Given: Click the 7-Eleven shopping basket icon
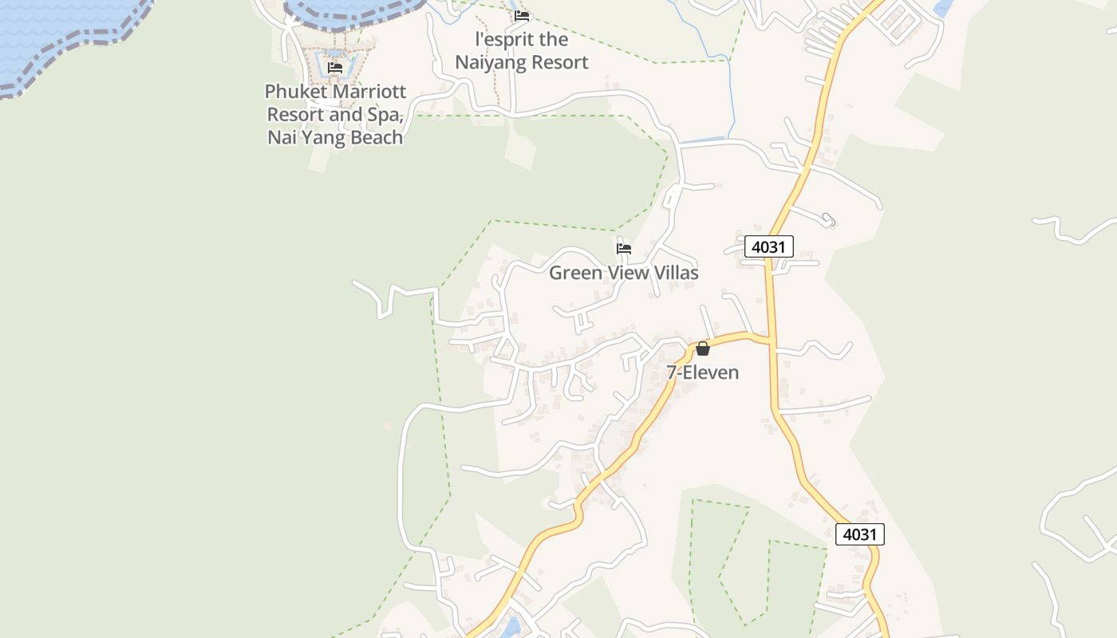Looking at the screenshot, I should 703,349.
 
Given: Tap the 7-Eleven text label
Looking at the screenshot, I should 703,372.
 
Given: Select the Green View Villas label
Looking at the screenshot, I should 623,273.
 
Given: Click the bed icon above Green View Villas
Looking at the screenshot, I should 624,249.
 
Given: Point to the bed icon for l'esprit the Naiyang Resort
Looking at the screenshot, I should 522,15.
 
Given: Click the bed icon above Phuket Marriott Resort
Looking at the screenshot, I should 335,68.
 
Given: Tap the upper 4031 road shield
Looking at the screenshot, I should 769,246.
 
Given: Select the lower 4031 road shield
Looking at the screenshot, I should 860,534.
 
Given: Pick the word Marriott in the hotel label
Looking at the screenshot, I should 369,92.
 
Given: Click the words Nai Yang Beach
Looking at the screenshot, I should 335,138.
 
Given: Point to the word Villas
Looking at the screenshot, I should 674,273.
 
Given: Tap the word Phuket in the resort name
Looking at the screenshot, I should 296,92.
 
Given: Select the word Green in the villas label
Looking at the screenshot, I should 576,273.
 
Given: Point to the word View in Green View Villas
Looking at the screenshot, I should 627,273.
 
